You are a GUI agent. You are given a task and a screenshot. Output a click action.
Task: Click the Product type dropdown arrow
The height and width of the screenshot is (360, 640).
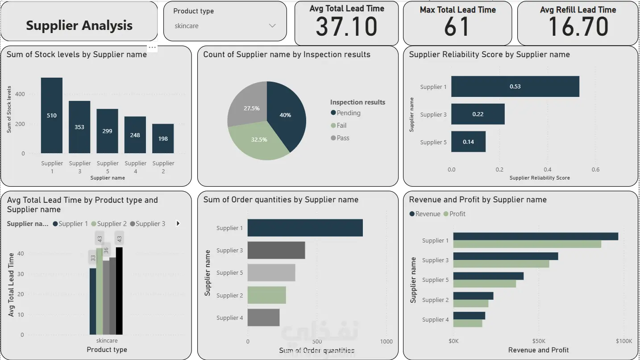pos(272,26)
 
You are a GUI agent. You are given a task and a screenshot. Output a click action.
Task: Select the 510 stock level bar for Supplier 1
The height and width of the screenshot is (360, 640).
pos(52,116)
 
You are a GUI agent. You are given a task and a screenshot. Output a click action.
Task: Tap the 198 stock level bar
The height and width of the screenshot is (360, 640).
pos(163,138)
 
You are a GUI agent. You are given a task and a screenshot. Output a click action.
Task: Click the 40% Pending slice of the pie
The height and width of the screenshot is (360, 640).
pos(286,114)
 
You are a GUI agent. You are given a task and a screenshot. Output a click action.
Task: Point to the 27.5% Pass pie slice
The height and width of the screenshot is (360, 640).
pos(249,106)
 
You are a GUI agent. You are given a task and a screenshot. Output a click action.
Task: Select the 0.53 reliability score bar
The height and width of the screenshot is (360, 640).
pos(515,86)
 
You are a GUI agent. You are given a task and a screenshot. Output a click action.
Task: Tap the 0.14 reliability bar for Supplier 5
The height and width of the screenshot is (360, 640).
pos(468,142)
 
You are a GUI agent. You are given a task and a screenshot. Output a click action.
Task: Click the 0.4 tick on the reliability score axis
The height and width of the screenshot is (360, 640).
pos(548,170)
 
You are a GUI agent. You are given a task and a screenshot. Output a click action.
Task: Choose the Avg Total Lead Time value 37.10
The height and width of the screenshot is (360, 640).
pos(347,27)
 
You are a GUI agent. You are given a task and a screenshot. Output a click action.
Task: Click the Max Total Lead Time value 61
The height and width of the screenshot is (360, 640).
pos(457,27)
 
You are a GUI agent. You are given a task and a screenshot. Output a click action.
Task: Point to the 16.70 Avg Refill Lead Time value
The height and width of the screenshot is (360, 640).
pos(578,27)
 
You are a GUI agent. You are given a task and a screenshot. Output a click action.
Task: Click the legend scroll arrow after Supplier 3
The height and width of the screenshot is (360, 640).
pos(178,224)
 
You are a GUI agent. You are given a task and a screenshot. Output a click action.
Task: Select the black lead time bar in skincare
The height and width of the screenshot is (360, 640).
pos(119,291)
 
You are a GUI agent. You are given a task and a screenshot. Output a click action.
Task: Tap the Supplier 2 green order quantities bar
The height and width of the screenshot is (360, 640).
pos(267,295)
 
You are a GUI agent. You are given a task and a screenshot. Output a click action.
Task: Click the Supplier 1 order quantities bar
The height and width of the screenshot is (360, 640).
pos(305,228)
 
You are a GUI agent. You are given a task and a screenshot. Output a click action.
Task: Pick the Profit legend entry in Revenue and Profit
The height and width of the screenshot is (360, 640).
pos(454,214)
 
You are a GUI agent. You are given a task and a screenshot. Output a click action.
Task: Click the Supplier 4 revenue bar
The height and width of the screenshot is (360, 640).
pos(469,316)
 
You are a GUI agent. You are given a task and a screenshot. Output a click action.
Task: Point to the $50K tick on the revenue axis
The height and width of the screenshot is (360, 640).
pos(539,341)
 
